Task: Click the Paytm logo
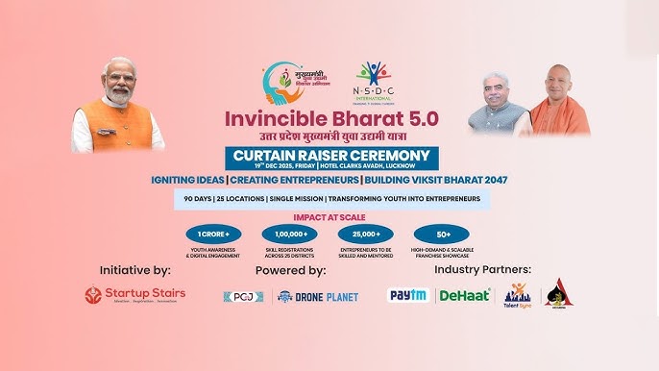pos(408,295)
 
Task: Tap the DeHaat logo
pos(465,295)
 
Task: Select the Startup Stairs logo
pos(134,295)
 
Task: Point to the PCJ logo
pos(243,297)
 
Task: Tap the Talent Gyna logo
pos(518,294)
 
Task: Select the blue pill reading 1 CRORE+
pos(213,235)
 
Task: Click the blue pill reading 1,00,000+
pos(289,235)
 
